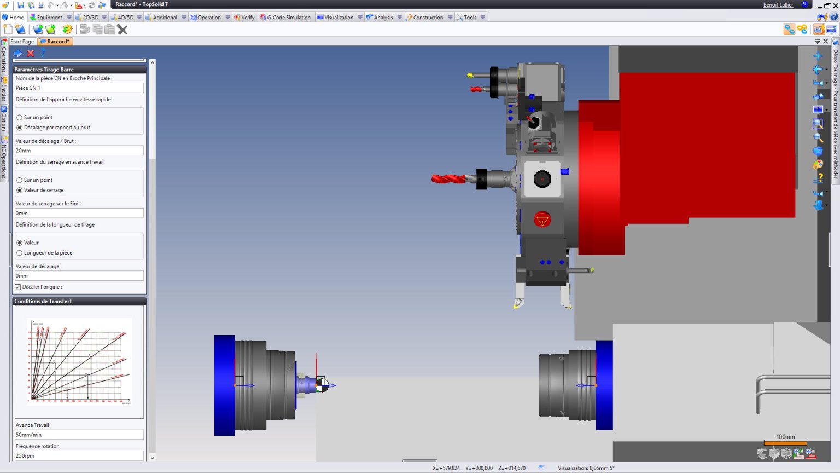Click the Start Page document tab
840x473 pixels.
pos(22,42)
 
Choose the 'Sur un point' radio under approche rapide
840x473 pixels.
pos(20,118)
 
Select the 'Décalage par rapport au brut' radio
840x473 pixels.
pos(20,128)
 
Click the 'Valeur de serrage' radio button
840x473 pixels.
pos(20,191)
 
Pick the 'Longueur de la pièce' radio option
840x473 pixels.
pos(20,253)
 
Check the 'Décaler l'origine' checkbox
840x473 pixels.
pos(18,287)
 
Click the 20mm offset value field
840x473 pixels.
pos(79,151)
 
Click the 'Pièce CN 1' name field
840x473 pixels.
pos(79,88)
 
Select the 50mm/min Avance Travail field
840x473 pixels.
pos(79,435)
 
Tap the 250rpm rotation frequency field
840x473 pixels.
pos(79,455)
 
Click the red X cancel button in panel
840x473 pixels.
pos(31,53)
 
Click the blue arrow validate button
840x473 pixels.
pos(18,53)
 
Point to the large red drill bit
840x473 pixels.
pos(448,179)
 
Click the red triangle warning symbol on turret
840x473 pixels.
pos(542,220)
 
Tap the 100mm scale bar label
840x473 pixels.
pos(785,437)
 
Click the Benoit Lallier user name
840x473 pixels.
pos(778,5)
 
